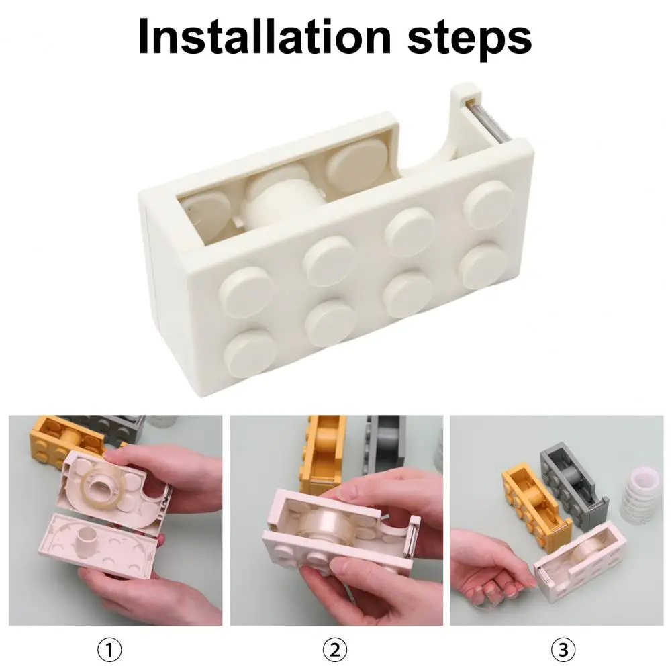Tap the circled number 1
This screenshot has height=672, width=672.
[111, 650]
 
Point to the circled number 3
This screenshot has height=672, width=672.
[563, 650]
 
